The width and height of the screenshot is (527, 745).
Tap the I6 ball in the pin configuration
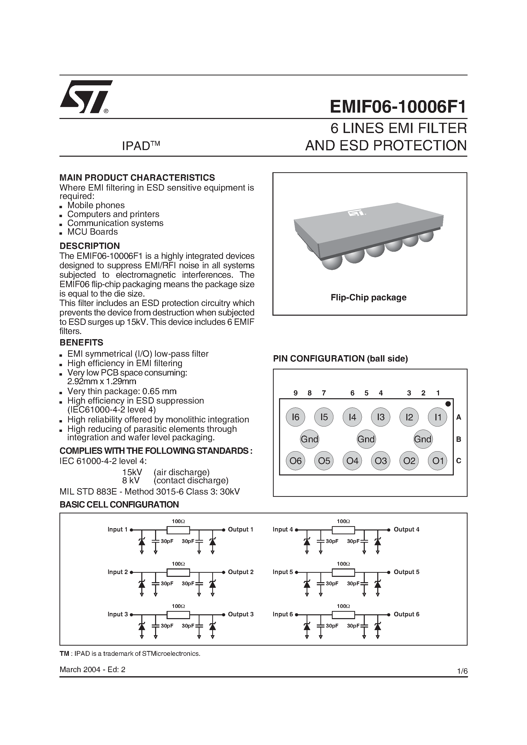coord(295,417)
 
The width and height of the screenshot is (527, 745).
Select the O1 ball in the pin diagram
coord(438,461)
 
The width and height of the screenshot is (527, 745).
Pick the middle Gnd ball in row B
coord(366,439)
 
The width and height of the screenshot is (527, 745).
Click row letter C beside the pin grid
coord(459,461)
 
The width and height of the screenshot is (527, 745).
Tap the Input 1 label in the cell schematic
coord(118,529)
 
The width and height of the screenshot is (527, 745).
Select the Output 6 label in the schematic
coord(406,614)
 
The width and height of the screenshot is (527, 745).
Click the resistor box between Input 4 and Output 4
coord(343,530)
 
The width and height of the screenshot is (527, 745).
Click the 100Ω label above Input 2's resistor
coord(178,564)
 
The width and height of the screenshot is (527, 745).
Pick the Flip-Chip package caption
coord(368,298)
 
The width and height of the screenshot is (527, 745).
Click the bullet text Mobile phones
coord(96,205)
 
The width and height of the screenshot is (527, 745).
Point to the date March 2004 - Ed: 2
coord(92,669)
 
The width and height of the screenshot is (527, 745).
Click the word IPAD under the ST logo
coord(135,146)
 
